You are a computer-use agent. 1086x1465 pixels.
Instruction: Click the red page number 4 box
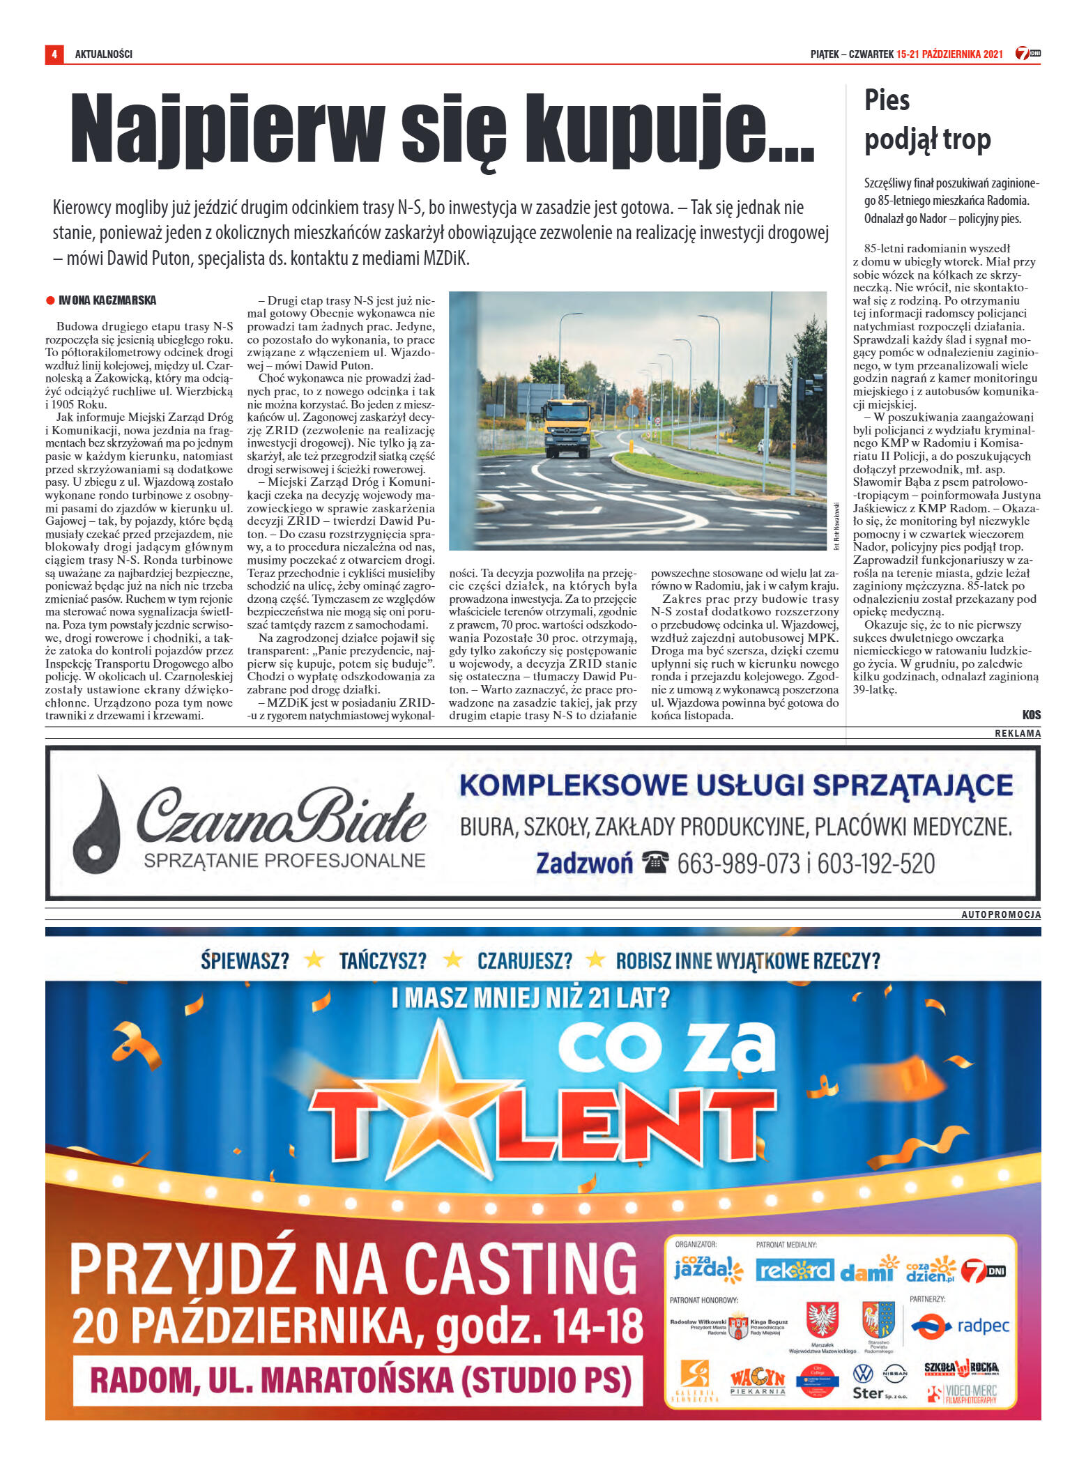[x=54, y=54]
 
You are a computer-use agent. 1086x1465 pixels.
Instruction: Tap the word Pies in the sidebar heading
[x=887, y=100]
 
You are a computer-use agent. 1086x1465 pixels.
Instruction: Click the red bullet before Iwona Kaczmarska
[x=50, y=300]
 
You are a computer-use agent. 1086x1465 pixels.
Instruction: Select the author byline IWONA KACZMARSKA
[x=107, y=300]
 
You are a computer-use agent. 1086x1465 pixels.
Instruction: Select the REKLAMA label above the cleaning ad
[x=1018, y=733]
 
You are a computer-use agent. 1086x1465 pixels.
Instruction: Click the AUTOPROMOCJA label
[x=1001, y=914]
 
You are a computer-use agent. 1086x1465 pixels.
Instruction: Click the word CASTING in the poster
[x=519, y=1269]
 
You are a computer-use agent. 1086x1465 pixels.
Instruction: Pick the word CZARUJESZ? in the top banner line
[x=524, y=961]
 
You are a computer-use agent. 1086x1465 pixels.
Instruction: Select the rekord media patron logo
[x=794, y=1270]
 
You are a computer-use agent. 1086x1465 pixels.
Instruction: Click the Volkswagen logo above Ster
[x=863, y=1372]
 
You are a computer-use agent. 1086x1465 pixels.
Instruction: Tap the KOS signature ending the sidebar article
[x=1031, y=714]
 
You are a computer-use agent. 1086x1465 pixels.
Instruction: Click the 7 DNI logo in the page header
[x=1027, y=54]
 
